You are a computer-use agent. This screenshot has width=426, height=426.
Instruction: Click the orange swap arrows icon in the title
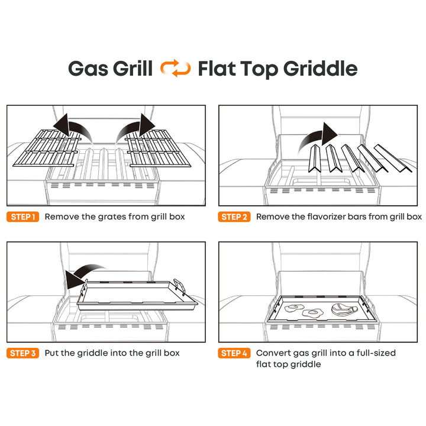(x=175, y=68)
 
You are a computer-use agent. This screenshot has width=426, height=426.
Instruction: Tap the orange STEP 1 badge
(x=23, y=217)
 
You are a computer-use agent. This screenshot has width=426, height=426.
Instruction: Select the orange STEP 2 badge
(x=234, y=217)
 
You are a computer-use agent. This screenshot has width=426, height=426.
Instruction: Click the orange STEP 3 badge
(x=23, y=353)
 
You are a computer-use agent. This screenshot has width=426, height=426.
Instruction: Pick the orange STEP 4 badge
(x=234, y=353)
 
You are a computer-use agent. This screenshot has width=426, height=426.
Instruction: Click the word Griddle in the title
(x=321, y=69)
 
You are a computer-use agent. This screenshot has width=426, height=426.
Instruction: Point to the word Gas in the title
(x=88, y=69)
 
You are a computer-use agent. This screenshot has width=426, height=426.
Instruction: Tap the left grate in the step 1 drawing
(x=47, y=149)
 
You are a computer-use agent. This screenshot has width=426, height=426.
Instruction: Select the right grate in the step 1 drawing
(x=158, y=149)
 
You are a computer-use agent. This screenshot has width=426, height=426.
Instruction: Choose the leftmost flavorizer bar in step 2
(x=315, y=159)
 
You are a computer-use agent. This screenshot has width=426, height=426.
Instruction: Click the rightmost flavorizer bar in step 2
(x=393, y=158)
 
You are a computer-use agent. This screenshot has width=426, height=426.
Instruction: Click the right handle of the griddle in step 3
(x=180, y=286)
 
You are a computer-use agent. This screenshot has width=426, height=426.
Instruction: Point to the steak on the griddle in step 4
(x=344, y=309)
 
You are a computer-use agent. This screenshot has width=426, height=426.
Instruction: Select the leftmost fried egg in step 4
(x=294, y=308)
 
